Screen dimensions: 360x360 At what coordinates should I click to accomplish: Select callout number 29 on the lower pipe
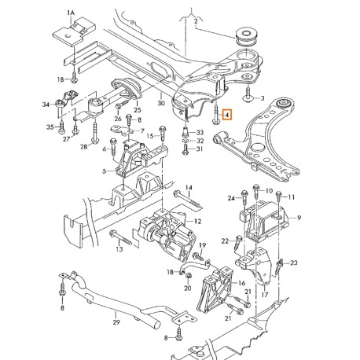point(116,323)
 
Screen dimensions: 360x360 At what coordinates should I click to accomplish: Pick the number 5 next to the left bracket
point(103,171)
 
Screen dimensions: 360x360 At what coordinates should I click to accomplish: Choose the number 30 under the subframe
point(160,103)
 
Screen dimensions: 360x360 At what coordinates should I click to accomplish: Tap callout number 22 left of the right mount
point(224,241)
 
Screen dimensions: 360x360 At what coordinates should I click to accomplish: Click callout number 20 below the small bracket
point(187,288)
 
